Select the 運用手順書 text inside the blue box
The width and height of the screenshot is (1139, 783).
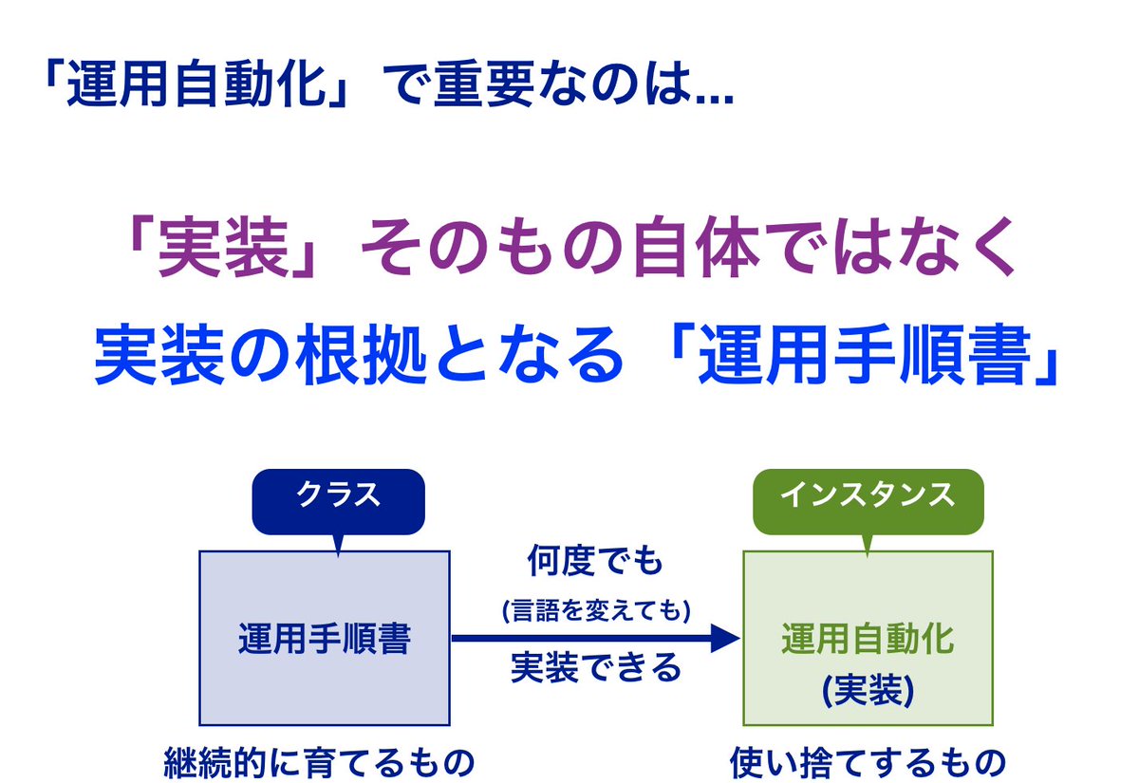[x=324, y=640]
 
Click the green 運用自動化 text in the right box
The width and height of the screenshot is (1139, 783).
[x=868, y=639]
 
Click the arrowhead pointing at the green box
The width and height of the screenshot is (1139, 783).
[x=724, y=638]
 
